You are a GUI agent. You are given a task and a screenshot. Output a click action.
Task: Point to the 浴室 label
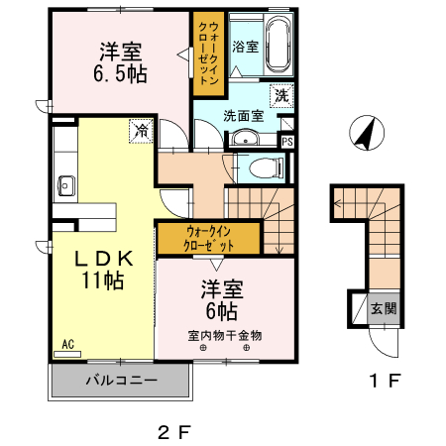[x=244, y=47]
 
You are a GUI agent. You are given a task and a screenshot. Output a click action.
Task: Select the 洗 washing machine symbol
[x=280, y=96]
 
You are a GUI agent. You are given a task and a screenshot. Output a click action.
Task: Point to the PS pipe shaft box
[x=287, y=141]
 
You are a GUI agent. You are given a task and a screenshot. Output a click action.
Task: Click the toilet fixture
[x=263, y=167]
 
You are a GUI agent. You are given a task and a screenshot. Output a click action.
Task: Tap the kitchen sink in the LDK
[x=66, y=184]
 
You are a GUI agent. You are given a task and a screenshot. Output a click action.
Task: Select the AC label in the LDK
[x=68, y=344]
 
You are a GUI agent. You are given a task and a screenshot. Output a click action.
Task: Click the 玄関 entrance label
[x=384, y=308]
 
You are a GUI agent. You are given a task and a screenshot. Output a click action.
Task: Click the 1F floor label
[x=385, y=381]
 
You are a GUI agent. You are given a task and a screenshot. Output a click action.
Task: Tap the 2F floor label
[x=172, y=432]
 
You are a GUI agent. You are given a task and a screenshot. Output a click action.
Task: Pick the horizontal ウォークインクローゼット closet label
[x=210, y=238]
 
